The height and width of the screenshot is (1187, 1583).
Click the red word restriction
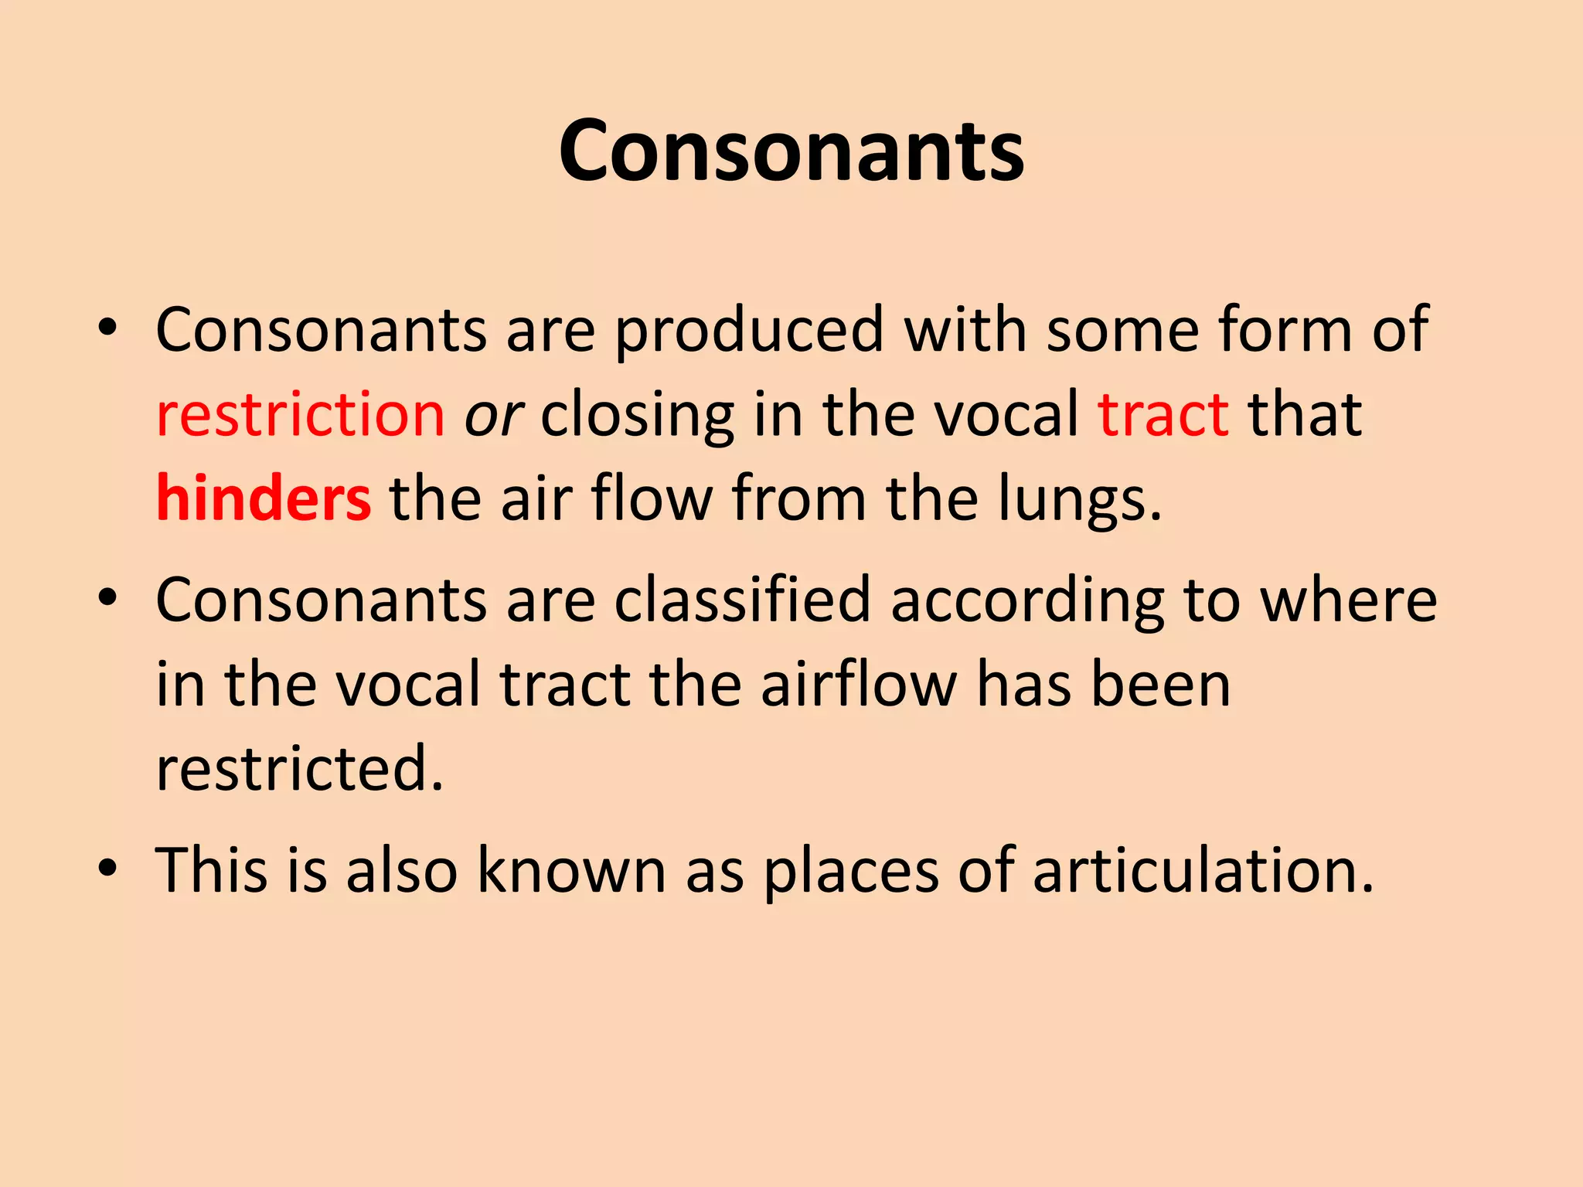301,415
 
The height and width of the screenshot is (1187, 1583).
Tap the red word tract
1163,415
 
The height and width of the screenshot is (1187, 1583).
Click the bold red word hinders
264,499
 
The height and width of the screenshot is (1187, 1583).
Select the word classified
742,600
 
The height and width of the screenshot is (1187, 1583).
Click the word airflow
859,685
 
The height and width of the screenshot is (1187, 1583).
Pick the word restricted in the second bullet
299,769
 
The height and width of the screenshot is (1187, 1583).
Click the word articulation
1203,871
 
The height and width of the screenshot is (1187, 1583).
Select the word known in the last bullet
571,871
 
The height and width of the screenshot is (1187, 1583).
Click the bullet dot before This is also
108,867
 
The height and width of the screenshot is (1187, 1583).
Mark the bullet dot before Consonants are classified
108,597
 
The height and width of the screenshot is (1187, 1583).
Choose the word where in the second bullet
1349,600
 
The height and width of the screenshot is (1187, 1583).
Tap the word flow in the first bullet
652,499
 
